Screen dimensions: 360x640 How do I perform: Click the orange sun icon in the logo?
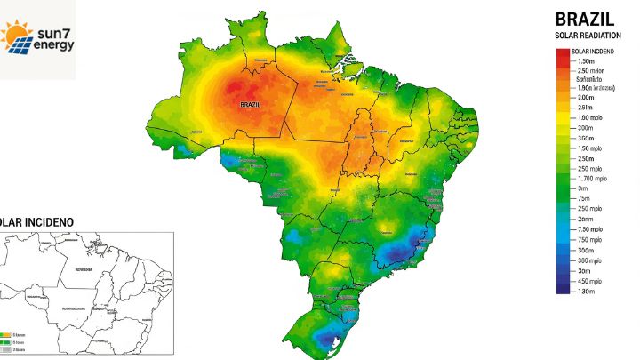click(16, 35)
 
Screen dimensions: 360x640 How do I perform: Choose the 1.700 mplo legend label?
click(592, 179)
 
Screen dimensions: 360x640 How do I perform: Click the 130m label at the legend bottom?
click(586, 292)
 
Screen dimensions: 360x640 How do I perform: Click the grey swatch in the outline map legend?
click(5, 350)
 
